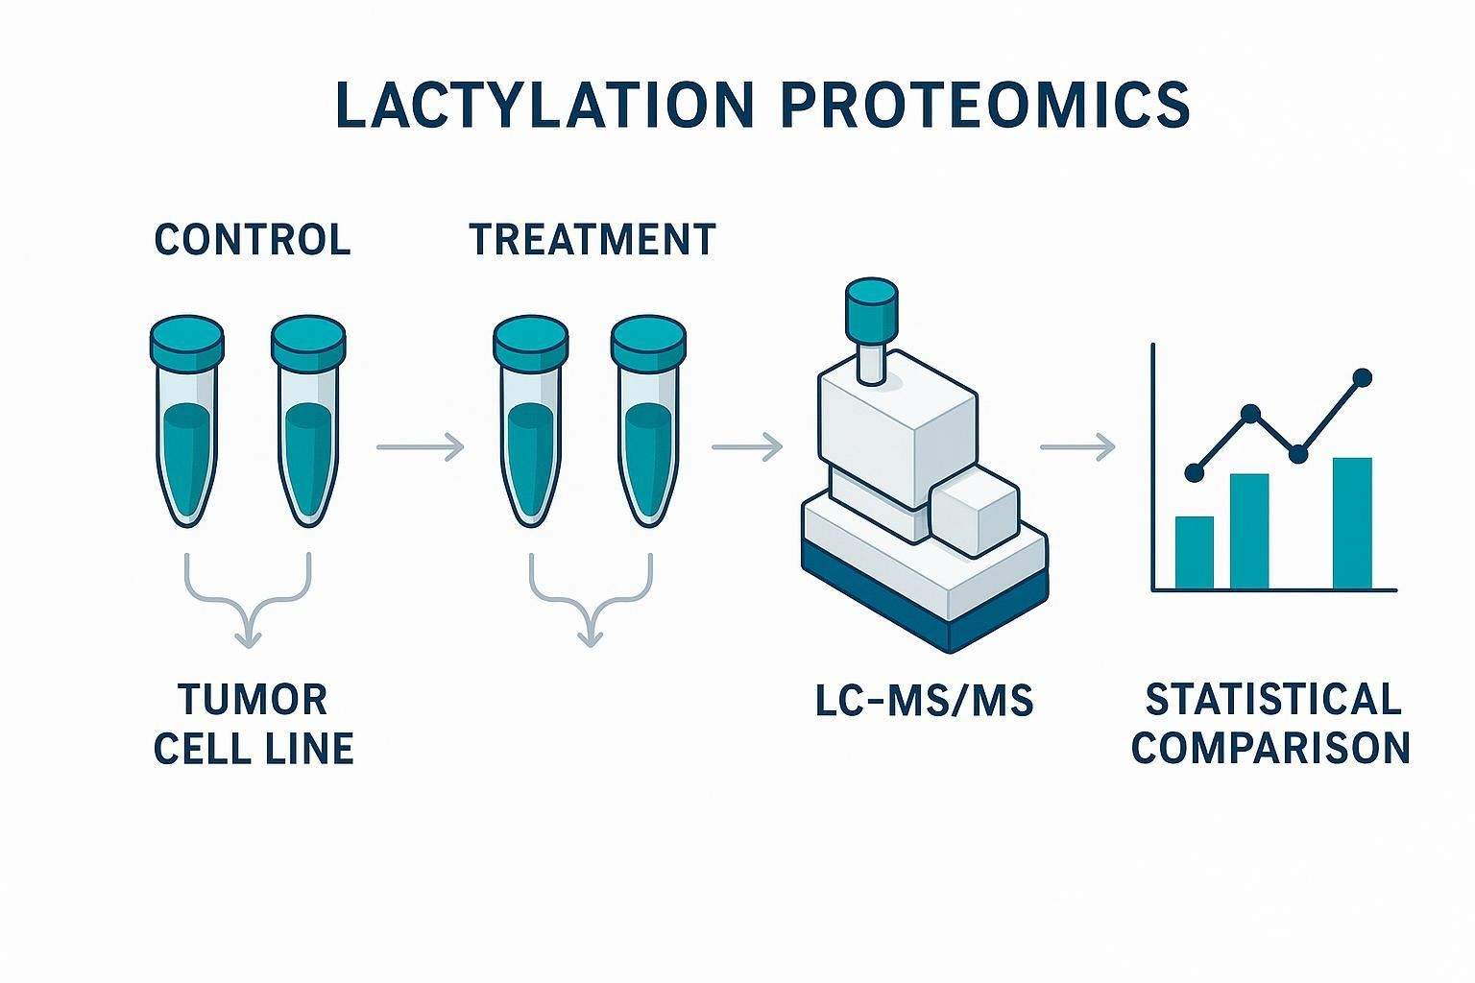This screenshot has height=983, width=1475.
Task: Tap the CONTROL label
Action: coord(253,239)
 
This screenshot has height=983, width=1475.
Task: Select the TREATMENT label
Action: coord(592,239)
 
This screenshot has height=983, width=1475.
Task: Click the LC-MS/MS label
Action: coord(924,702)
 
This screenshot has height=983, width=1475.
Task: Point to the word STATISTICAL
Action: coord(1273,700)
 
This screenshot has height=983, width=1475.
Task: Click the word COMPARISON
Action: coord(1271,747)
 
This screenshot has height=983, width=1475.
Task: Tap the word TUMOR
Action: coord(254,700)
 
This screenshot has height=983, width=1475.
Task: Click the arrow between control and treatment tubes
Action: coord(421,446)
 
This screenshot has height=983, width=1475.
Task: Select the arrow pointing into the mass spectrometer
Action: coord(747,446)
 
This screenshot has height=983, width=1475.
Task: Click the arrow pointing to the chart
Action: coord(1077,446)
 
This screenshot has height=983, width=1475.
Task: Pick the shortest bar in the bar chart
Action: coord(1194,552)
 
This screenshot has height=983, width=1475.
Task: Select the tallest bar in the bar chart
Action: coord(1352,522)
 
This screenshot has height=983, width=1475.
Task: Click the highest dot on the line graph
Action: coord(1361,377)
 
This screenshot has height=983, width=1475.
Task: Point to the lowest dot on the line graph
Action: coord(1195,472)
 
